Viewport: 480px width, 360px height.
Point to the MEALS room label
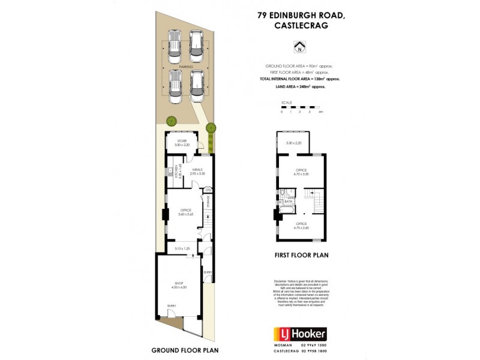click(x=197, y=169)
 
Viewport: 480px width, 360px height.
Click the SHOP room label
click(x=179, y=283)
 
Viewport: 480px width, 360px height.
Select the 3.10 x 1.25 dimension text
click(x=182, y=248)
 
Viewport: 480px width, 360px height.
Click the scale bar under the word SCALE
click(x=301, y=106)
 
